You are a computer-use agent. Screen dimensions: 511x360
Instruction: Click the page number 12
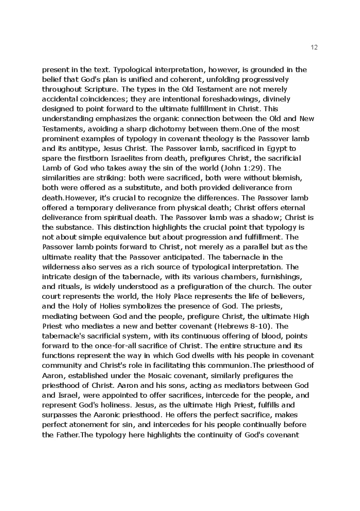point(315,47)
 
